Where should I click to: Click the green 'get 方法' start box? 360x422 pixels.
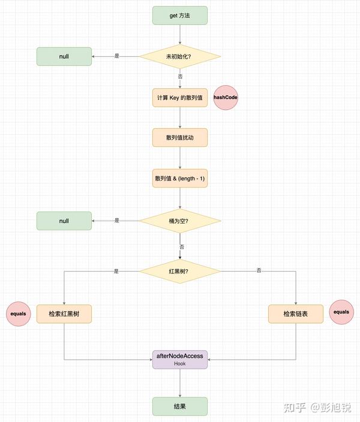[180, 16]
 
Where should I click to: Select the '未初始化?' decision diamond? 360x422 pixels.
[180, 56]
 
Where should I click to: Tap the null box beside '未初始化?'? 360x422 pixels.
[64, 56]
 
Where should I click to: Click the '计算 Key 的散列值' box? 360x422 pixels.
[180, 97]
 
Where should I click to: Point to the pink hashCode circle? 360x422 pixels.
[226, 97]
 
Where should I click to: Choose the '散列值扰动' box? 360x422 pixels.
[180, 138]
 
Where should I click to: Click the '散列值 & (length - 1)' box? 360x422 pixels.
[180, 179]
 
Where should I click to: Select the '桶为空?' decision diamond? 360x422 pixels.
[180, 221]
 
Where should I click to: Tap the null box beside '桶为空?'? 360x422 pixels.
[64, 221]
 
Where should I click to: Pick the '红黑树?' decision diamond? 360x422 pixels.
[180, 271]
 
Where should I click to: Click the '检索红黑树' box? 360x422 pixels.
[64, 314]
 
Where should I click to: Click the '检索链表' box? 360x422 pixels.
[296, 314]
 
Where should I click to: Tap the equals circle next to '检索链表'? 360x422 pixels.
[341, 312]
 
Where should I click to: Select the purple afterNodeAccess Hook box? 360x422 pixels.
[180, 360]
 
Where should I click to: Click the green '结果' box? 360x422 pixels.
[180, 406]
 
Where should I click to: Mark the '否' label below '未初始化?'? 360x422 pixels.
[180, 77]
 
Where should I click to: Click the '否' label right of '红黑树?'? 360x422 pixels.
[259, 271]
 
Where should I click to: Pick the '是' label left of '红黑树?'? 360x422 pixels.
[116, 271]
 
